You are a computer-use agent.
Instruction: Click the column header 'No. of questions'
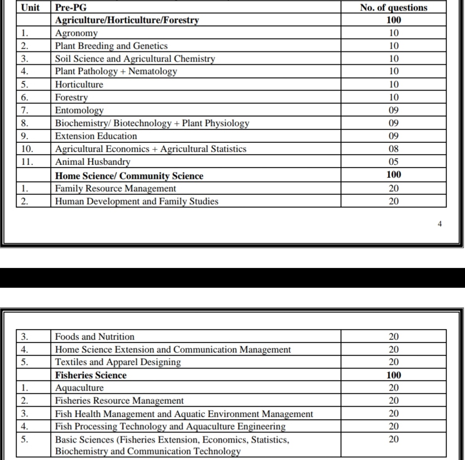(393, 7)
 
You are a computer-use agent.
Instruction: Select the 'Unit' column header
(30, 7)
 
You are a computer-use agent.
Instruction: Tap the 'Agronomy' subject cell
(76, 33)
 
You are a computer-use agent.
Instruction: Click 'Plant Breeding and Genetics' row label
(111, 46)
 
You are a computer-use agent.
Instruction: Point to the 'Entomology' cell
(79, 110)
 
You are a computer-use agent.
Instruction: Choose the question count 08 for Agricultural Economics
(393, 149)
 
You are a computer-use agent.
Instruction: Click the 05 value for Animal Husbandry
(393, 162)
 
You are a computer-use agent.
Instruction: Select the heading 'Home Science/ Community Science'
(129, 176)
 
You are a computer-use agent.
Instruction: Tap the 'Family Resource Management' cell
(115, 188)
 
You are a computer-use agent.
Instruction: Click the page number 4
(440, 224)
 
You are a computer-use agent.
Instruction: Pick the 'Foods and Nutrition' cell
(95, 336)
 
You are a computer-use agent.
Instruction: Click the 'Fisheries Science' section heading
(91, 375)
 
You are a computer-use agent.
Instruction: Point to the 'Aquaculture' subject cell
(79, 388)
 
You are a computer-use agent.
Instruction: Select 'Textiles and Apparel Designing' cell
(118, 362)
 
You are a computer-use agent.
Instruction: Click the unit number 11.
(27, 162)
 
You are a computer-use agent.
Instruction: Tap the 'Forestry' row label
(71, 97)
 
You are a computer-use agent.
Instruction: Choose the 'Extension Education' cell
(96, 136)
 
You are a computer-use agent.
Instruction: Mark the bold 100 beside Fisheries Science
(393, 375)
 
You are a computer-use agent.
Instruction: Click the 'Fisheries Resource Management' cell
(119, 401)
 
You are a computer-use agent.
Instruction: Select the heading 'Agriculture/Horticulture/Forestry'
(127, 20)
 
